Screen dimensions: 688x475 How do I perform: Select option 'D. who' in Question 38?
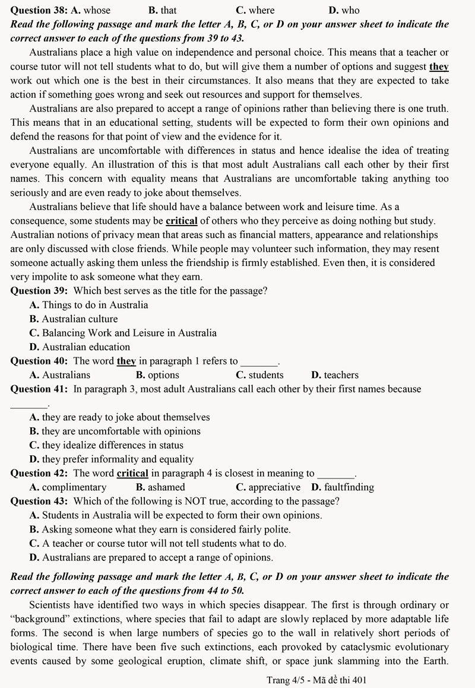pos(344,10)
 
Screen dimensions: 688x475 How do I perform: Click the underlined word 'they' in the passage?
pos(439,66)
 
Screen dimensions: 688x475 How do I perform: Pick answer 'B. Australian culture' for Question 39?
pos(74,319)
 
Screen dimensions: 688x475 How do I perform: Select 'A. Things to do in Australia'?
pos(88,305)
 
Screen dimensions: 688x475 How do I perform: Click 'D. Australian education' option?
pos(80,347)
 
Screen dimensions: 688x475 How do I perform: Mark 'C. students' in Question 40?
pos(259,375)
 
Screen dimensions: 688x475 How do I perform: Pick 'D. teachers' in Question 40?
pos(335,375)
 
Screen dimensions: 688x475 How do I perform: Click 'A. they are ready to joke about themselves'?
pos(119,417)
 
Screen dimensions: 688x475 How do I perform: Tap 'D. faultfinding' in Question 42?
pos(343,487)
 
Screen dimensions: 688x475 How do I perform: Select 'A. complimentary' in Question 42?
pos(68,487)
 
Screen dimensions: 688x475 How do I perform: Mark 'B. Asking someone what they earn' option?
pos(160,529)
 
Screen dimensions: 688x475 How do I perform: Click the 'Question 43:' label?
pos(39,501)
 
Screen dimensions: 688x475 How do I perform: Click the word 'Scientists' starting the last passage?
pos(53,605)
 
